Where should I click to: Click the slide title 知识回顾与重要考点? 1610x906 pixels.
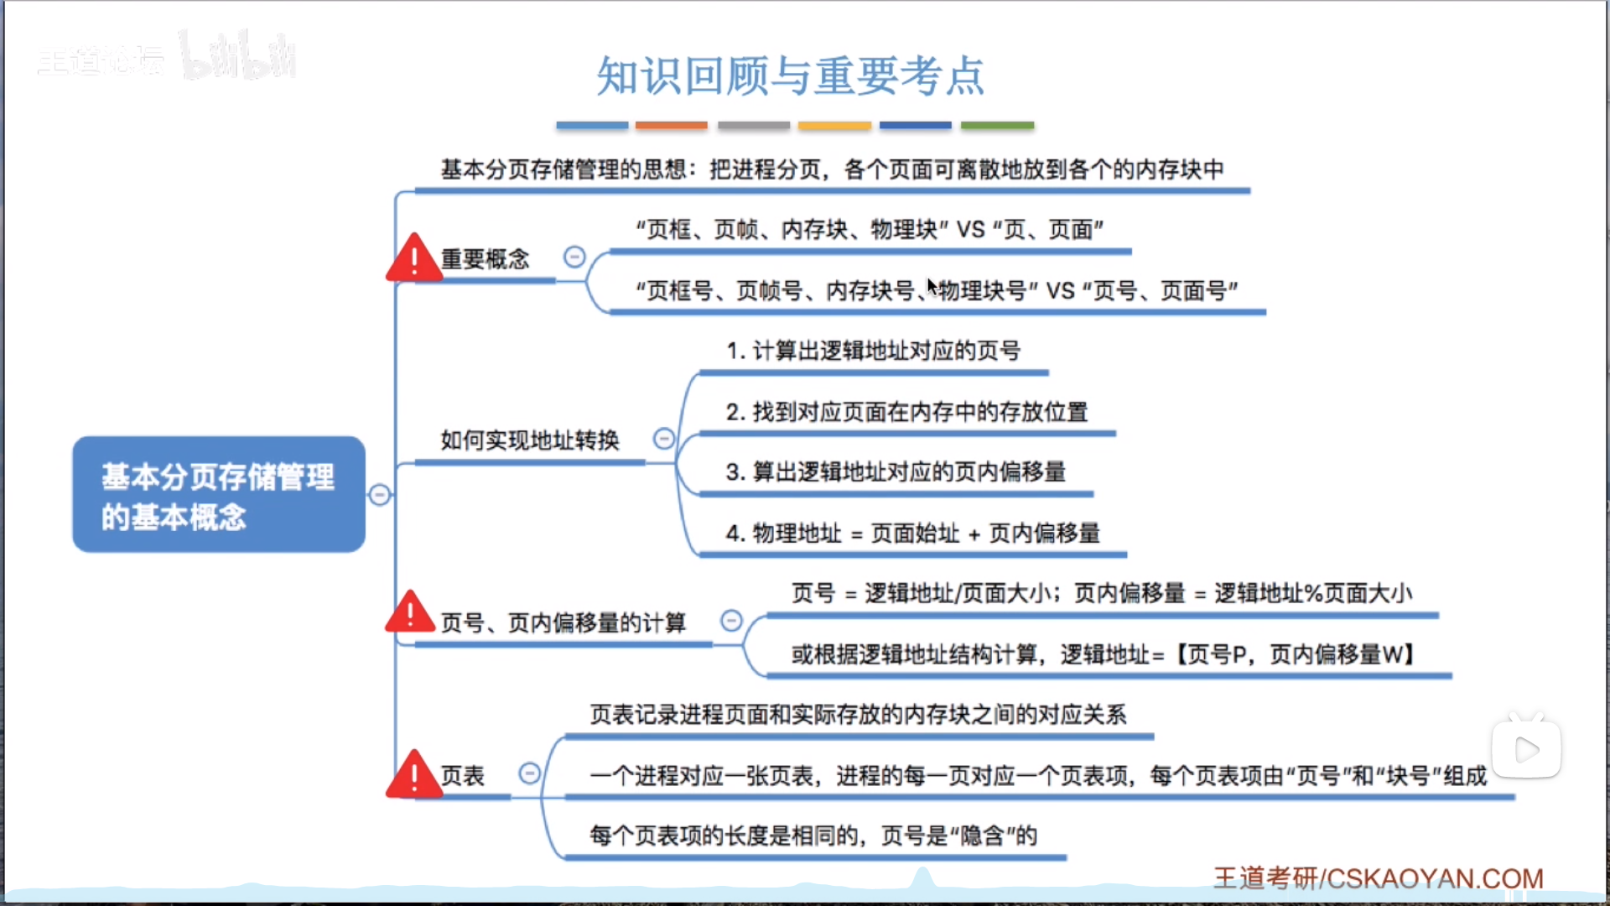pos(790,75)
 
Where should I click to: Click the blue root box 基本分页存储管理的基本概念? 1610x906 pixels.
pos(219,494)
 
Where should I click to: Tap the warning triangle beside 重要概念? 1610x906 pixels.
pos(413,259)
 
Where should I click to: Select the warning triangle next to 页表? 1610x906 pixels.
pos(413,775)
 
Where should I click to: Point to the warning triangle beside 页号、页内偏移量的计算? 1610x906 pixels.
pos(410,613)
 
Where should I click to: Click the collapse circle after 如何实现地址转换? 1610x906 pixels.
pos(663,439)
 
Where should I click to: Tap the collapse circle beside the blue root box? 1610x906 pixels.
pos(380,495)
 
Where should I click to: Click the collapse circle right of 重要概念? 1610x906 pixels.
pos(574,257)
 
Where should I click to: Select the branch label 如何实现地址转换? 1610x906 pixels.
pos(530,440)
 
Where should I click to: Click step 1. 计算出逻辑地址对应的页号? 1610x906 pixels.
pos(873,351)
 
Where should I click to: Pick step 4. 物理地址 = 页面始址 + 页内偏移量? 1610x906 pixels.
pos(912,533)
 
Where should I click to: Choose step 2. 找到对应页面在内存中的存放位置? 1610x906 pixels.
pos(906,412)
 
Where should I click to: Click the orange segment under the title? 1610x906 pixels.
pos(671,126)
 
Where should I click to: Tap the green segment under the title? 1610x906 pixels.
pos(997,126)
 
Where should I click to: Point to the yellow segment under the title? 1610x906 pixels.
pos(834,126)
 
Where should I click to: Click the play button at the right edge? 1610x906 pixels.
pos(1526,749)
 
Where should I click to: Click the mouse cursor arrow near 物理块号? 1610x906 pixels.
pos(931,285)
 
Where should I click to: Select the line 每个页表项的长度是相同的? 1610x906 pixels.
pos(813,836)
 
